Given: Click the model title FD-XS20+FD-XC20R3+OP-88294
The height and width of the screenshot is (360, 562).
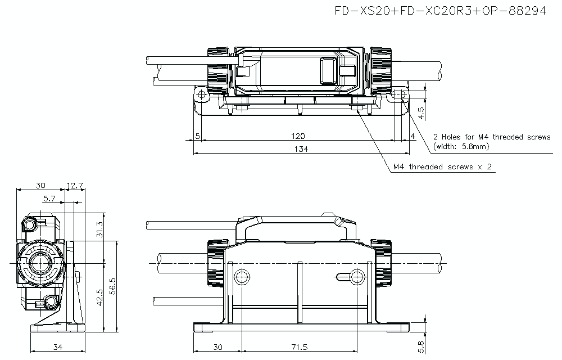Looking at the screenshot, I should click(440, 11).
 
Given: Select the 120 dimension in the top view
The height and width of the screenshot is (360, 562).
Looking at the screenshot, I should click(298, 136).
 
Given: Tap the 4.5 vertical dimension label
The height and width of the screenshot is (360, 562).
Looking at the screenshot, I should click(422, 113).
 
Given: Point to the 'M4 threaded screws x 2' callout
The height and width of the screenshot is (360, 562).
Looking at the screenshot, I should click(442, 167).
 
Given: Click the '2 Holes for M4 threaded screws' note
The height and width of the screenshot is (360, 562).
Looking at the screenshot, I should click(492, 137).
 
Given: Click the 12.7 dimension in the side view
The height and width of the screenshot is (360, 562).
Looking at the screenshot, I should click(75, 185).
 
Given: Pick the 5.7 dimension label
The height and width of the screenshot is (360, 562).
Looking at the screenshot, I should click(49, 198).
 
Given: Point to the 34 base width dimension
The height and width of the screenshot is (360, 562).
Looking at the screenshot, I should click(57, 346).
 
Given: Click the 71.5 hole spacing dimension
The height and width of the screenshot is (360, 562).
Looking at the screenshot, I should click(299, 346).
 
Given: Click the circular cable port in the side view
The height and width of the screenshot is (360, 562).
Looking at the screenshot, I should click(39, 263).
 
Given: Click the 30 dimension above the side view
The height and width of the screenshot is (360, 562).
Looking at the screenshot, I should click(40, 185).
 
